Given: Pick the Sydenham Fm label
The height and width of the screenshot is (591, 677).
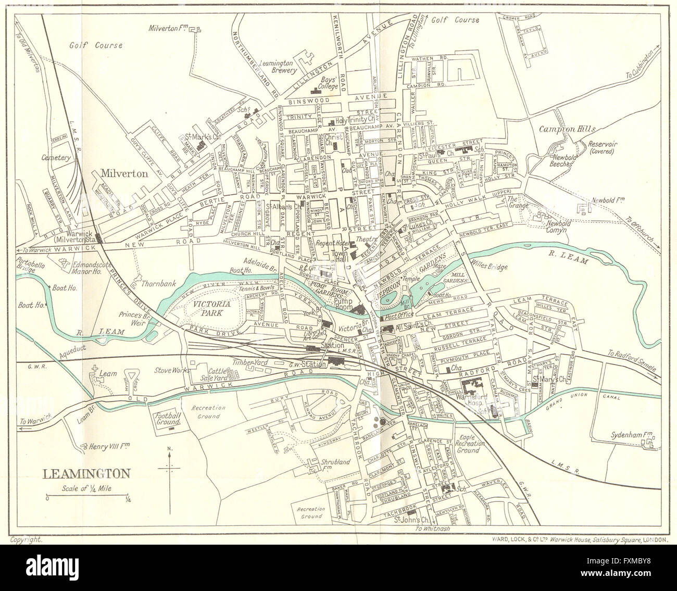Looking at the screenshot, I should (631, 433).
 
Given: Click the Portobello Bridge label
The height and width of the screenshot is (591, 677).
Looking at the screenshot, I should (32, 262).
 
